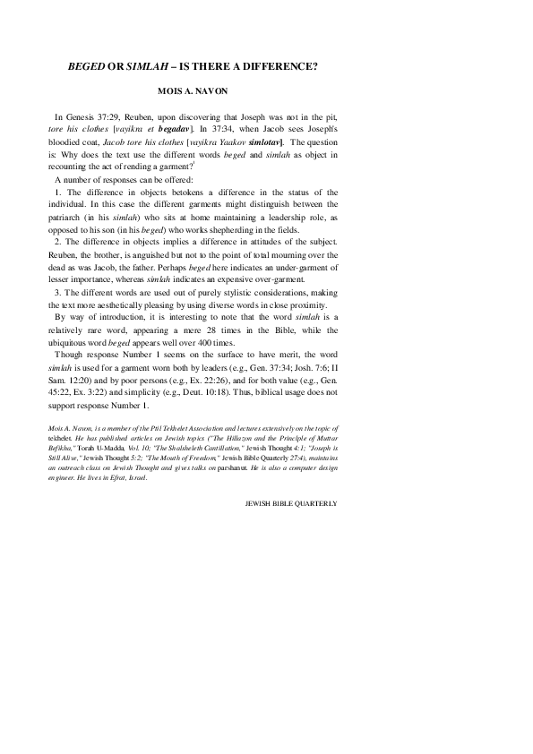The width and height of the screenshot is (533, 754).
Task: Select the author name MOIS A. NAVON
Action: [194, 92]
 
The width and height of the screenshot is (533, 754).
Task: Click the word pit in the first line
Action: [331, 118]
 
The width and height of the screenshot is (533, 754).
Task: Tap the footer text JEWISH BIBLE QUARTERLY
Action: [291, 504]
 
